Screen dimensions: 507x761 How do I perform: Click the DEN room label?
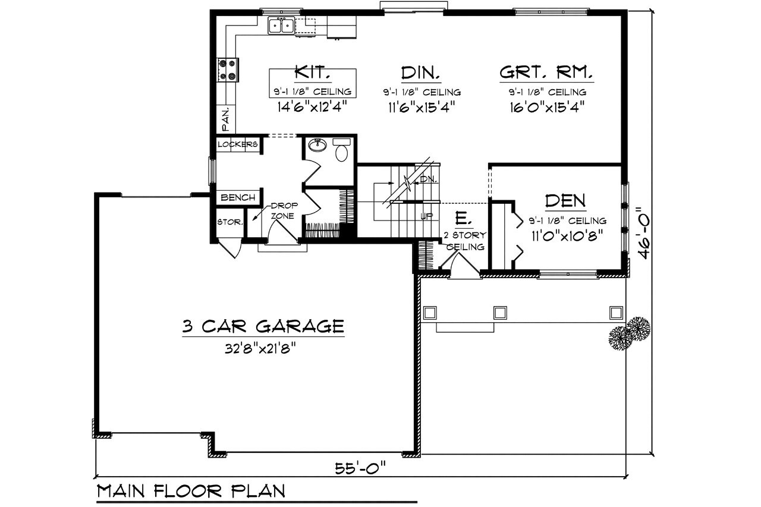click(565, 200)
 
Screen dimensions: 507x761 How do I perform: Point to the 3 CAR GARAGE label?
click(263, 326)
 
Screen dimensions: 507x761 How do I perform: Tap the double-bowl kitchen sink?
click(281, 26)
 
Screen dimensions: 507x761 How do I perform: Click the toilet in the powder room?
click(341, 152)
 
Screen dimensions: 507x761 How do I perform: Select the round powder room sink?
click(316, 146)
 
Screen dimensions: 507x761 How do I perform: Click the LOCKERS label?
click(237, 144)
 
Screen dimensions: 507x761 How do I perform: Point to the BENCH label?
click(237, 197)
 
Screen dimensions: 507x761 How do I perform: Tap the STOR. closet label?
click(229, 222)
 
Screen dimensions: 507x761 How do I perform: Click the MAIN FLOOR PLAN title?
click(191, 491)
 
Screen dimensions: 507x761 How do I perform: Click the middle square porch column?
click(500, 312)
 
